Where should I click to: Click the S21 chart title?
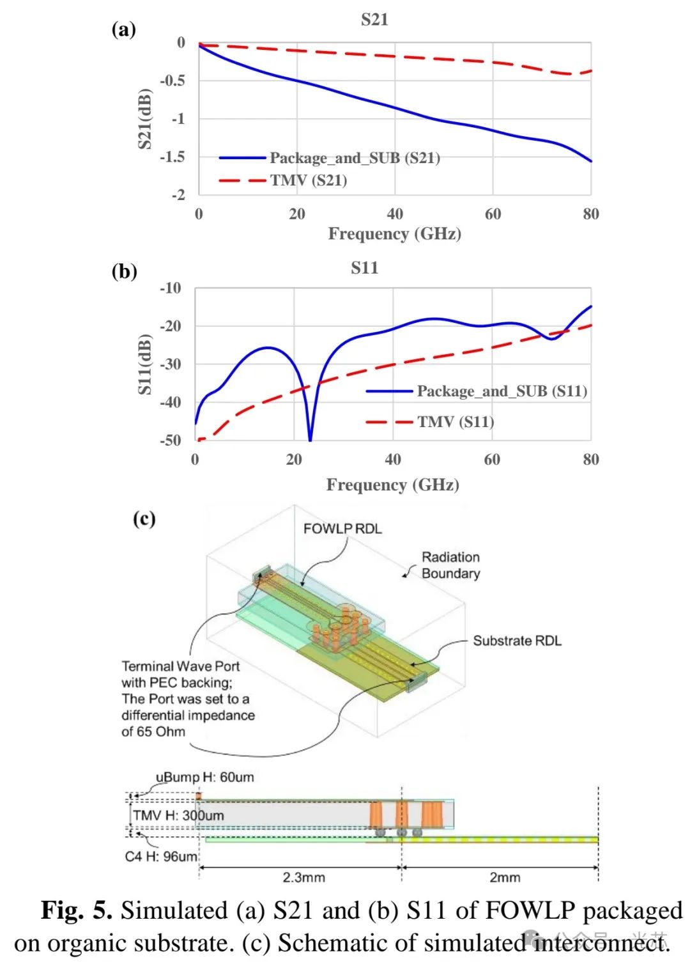(374, 20)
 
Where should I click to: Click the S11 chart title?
(364, 268)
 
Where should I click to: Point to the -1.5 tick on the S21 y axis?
(172, 157)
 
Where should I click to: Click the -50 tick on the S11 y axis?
(170, 441)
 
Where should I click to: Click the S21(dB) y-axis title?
(145, 119)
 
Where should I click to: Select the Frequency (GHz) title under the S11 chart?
(392, 485)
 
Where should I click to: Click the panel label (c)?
(144, 519)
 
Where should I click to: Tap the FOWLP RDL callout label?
(342, 529)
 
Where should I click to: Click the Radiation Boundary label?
(450, 565)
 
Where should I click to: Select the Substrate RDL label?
(517, 641)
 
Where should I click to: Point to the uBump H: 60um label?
(204, 777)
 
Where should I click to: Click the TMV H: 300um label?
(178, 816)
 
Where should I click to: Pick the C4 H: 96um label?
(161, 857)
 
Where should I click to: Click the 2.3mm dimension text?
(303, 877)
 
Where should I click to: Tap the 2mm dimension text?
(505, 877)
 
